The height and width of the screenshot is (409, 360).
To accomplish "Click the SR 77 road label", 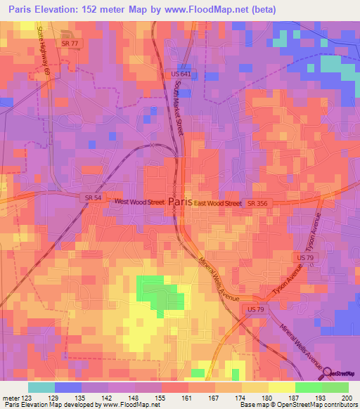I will click(72, 43).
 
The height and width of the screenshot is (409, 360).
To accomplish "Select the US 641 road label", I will click(181, 73).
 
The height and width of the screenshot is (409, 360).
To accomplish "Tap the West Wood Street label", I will click(139, 202).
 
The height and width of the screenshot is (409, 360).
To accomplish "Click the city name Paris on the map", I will click(181, 202).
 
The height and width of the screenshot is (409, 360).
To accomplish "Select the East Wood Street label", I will click(218, 203).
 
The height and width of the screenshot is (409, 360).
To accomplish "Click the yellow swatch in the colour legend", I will click(282, 387).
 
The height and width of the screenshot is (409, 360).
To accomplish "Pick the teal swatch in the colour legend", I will click(41, 387).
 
